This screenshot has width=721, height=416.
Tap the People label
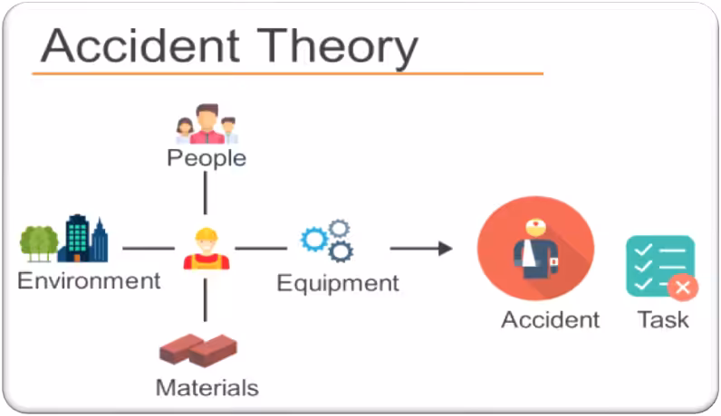(x=206, y=157)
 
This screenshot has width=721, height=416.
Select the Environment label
(x=89, y=280)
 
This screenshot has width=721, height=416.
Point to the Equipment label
(x=338, y=283)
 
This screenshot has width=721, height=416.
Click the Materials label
(x=207, y=387)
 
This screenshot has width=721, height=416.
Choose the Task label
(x=663, y=319)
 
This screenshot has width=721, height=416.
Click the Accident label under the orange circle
(x=550, y=319)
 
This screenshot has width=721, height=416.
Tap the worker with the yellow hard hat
(x=207, y=249)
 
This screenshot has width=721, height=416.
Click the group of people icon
(x=207, y=124)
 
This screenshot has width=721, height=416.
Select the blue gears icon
(x=327, y=240)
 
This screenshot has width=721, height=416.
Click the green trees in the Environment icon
(x=39, y=241)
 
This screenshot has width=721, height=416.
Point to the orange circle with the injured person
(x=535, y=248)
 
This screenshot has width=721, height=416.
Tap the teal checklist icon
(x=659, y=263)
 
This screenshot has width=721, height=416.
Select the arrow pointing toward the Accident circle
(x=421, y=248)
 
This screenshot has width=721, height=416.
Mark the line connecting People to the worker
(x=206, y=191)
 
